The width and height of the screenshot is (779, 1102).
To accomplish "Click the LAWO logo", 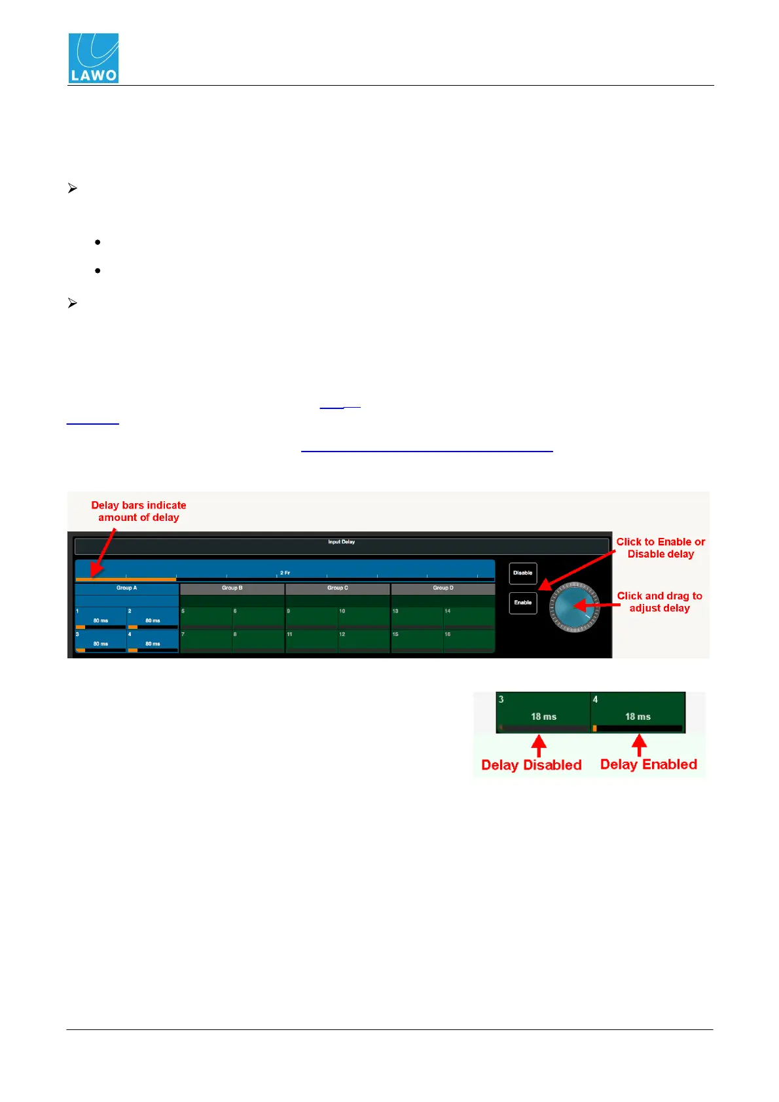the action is click(94, 58).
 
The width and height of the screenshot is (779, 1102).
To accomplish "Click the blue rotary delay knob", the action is click(575, 607).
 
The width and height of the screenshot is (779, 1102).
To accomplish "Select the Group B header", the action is click(232, 588).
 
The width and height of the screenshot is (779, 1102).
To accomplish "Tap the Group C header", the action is click(338, 588).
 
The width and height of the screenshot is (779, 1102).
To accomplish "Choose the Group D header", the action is click(443, 588).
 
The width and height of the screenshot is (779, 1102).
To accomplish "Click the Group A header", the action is click(126, 588).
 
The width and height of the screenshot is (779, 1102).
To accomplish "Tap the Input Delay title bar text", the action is click(341, 542).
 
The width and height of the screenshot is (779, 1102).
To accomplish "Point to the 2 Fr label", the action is click(285, 573).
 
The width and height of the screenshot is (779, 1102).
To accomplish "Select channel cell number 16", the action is click(469, 640).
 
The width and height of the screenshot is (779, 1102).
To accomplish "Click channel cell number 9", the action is click(312, 617).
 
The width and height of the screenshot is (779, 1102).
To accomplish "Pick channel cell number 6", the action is click(258, 617).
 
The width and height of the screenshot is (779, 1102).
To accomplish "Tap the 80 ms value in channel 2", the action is click(153, 620).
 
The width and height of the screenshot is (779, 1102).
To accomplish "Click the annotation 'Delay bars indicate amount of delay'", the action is click(139, 511).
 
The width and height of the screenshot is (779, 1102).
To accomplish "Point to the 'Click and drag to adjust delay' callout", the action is click(659, 602).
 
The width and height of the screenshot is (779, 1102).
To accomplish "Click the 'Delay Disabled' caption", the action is click(531, 765).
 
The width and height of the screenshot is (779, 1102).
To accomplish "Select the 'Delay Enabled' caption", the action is click(648, 764).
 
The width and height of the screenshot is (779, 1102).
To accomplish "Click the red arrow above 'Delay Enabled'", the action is click(639, 745).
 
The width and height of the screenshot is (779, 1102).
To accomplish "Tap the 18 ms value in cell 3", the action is click(543, 717).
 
